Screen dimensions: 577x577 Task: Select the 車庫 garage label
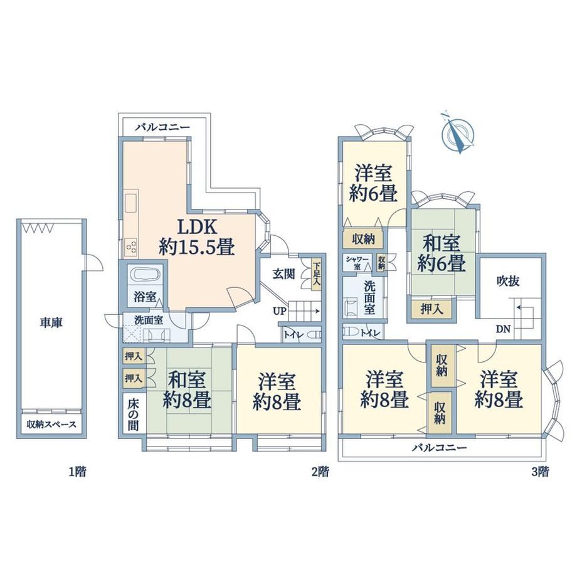coord(51,323)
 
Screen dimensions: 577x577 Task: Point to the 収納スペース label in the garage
coord(51,425)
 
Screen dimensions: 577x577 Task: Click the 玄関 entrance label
coord(283,274)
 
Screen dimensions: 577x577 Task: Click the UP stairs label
coord(279,311)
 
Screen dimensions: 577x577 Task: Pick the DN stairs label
coord(503,329)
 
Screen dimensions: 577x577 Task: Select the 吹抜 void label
coord(508,282)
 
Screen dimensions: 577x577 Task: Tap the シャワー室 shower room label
coord(357,263)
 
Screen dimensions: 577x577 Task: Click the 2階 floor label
coord(319,472)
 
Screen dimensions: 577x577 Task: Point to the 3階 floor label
coord(539,472)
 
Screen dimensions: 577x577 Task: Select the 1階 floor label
coord(77,472)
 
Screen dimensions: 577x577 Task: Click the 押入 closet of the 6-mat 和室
coord(431,309)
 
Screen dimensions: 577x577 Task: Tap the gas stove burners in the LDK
coord(130,246)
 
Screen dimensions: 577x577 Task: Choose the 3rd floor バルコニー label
coord(439,447)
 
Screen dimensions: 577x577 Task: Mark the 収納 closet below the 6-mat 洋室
coord(363,239)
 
